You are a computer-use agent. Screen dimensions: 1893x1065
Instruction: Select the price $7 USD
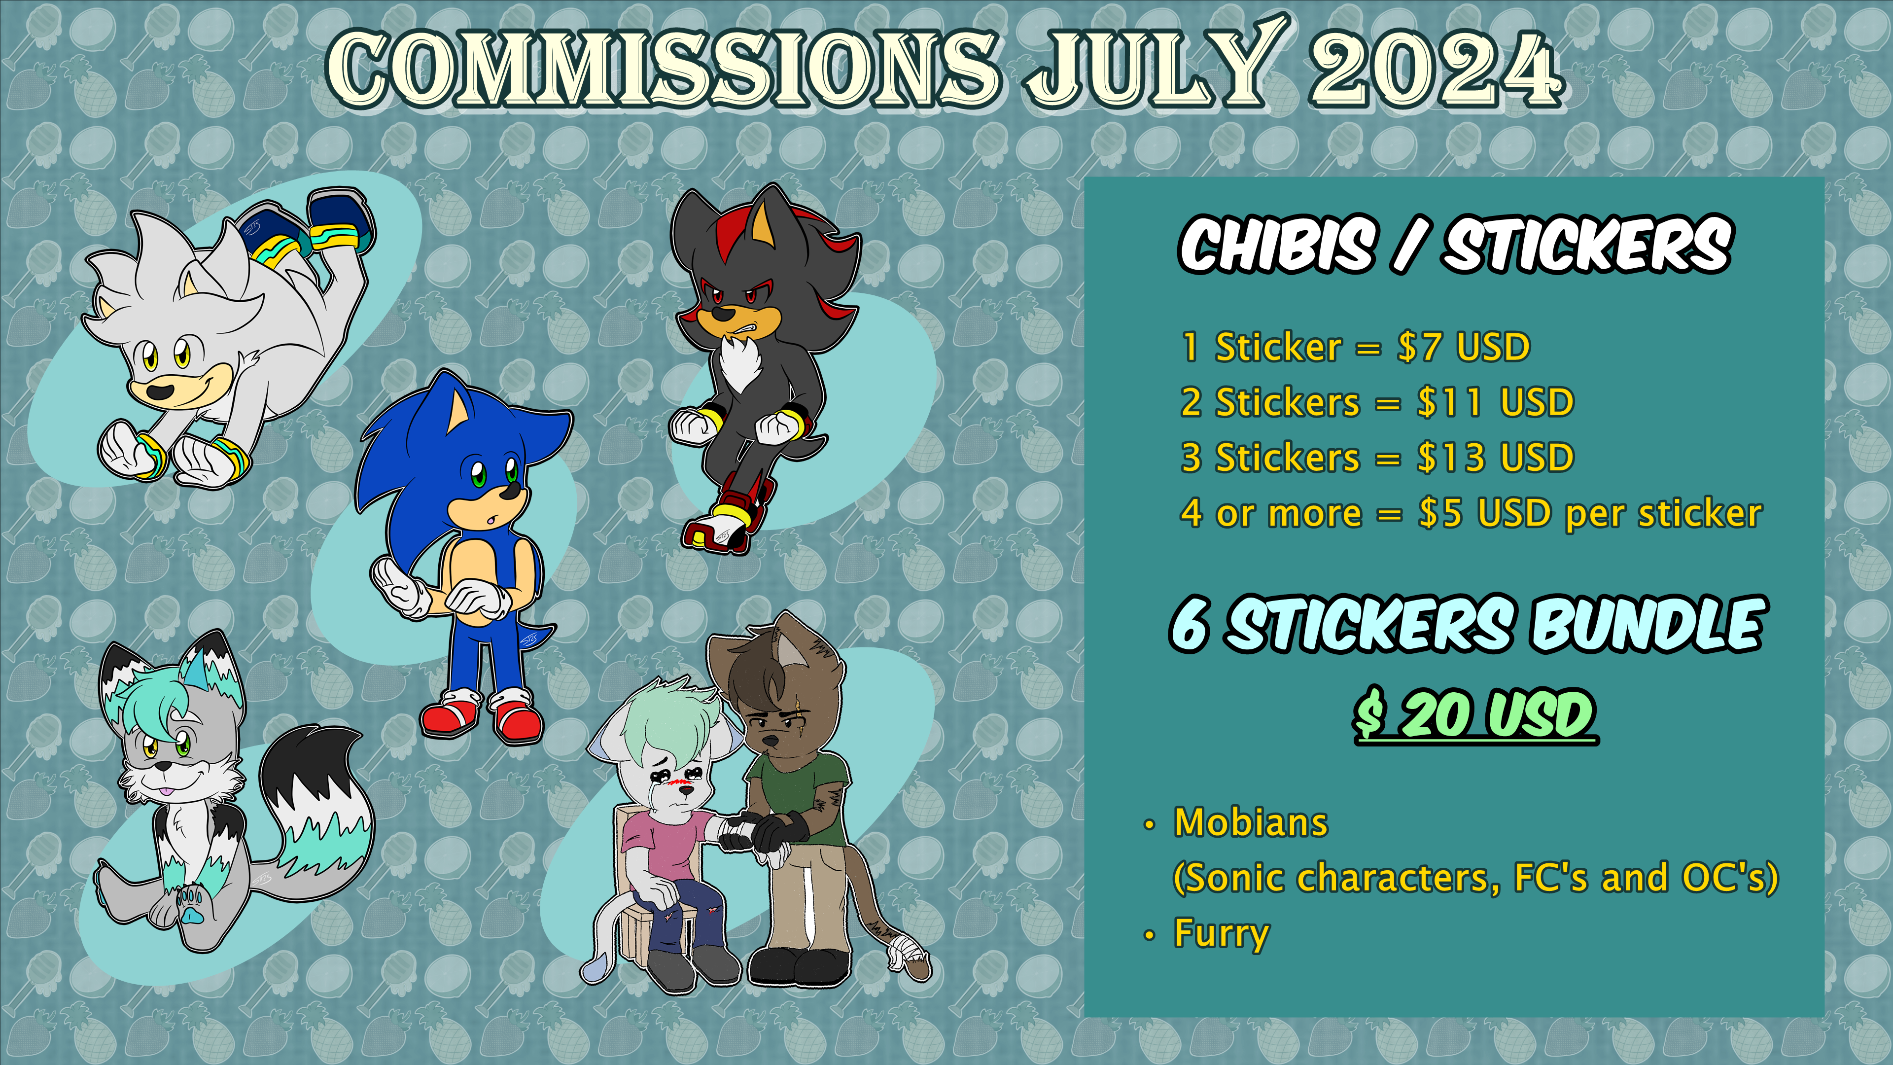1464,347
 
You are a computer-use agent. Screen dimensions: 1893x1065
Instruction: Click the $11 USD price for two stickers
1496,402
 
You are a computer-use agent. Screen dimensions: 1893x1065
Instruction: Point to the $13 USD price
1496,457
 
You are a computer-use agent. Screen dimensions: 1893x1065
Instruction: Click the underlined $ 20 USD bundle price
1475,714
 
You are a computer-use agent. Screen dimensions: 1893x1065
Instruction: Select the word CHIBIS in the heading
1276,245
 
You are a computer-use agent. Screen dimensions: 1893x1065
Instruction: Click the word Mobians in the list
1251,822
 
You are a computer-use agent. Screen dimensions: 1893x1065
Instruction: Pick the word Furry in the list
1222,933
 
